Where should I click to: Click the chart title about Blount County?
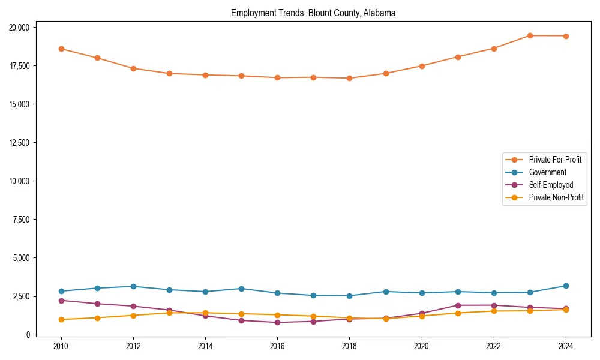click(x=313, y=13)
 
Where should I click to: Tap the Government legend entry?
click(x=547, y=172)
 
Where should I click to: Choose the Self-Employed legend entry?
click(x=551, y=185)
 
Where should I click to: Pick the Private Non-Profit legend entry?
click(x=556, y=197)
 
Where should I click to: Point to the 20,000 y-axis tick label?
click(x=23, y=28)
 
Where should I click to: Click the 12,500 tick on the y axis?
click(x=23, y=143)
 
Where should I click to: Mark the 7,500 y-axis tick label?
click(x=25, y=220)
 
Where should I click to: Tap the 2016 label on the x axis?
click(x=277, y=346)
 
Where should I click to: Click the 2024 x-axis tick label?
click(x=566, y=346)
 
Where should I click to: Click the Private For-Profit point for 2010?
click(x=61, y=49)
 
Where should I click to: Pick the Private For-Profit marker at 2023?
click(x=530, y=35)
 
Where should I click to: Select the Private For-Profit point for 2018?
click(x=350, y=78)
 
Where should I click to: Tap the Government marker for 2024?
click(x=566, y=286)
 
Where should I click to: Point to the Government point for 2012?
click(x=133, y=286)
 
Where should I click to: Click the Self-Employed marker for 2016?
click(x=277, y=322)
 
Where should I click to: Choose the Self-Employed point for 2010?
click(x=61, y=301)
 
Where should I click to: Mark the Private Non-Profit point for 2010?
click(x=61, y=319)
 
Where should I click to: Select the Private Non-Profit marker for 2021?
click(x=458, y=313)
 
